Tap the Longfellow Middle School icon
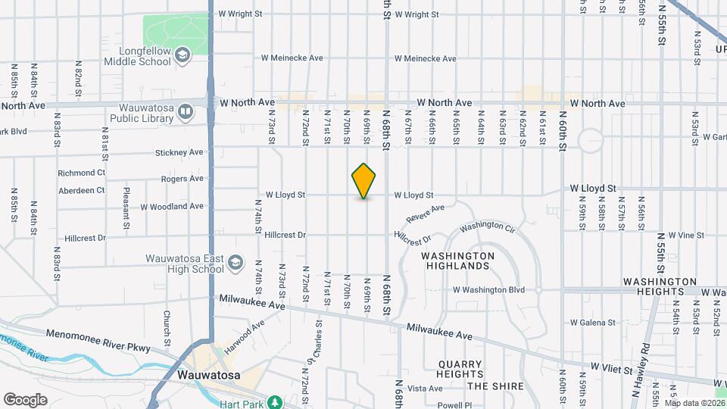[183, 55]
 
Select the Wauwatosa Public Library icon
[186, 113]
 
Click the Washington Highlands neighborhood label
[457, 261]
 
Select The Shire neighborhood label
[495, 386]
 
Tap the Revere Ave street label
[424, 214]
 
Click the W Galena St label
[592, 323]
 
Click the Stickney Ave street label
[179, 152]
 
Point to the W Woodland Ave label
[172, 206]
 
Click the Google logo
[25, 400]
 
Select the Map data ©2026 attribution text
[694, 403]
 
